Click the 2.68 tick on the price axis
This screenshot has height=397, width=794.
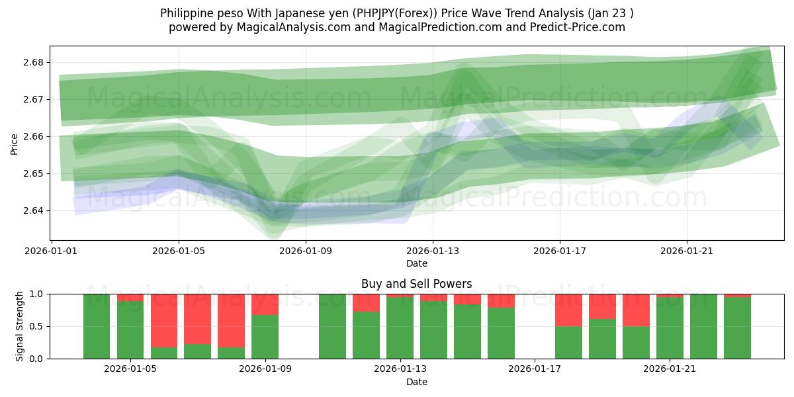pos(35,62)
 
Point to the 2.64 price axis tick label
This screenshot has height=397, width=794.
pos(35,210)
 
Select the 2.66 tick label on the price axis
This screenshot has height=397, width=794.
pos(35,136)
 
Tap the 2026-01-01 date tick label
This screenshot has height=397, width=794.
pos(52,251)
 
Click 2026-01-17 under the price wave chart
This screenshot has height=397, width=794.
pos(560,251)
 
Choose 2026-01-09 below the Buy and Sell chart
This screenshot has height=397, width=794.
pos(265,369)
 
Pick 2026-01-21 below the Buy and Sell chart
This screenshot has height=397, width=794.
pos(670,369)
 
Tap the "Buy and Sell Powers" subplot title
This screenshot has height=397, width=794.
pos(416,284)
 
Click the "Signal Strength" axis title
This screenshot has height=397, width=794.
pos(20,326)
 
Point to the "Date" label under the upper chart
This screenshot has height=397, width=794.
pos(417,263)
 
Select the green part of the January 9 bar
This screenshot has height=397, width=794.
pos(265,337)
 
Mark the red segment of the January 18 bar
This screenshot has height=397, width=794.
pos(568,310)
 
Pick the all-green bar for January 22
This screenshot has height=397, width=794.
pos(703,326)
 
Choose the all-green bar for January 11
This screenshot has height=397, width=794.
pos(332,326)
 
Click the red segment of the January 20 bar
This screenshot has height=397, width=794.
pos(636,310)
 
